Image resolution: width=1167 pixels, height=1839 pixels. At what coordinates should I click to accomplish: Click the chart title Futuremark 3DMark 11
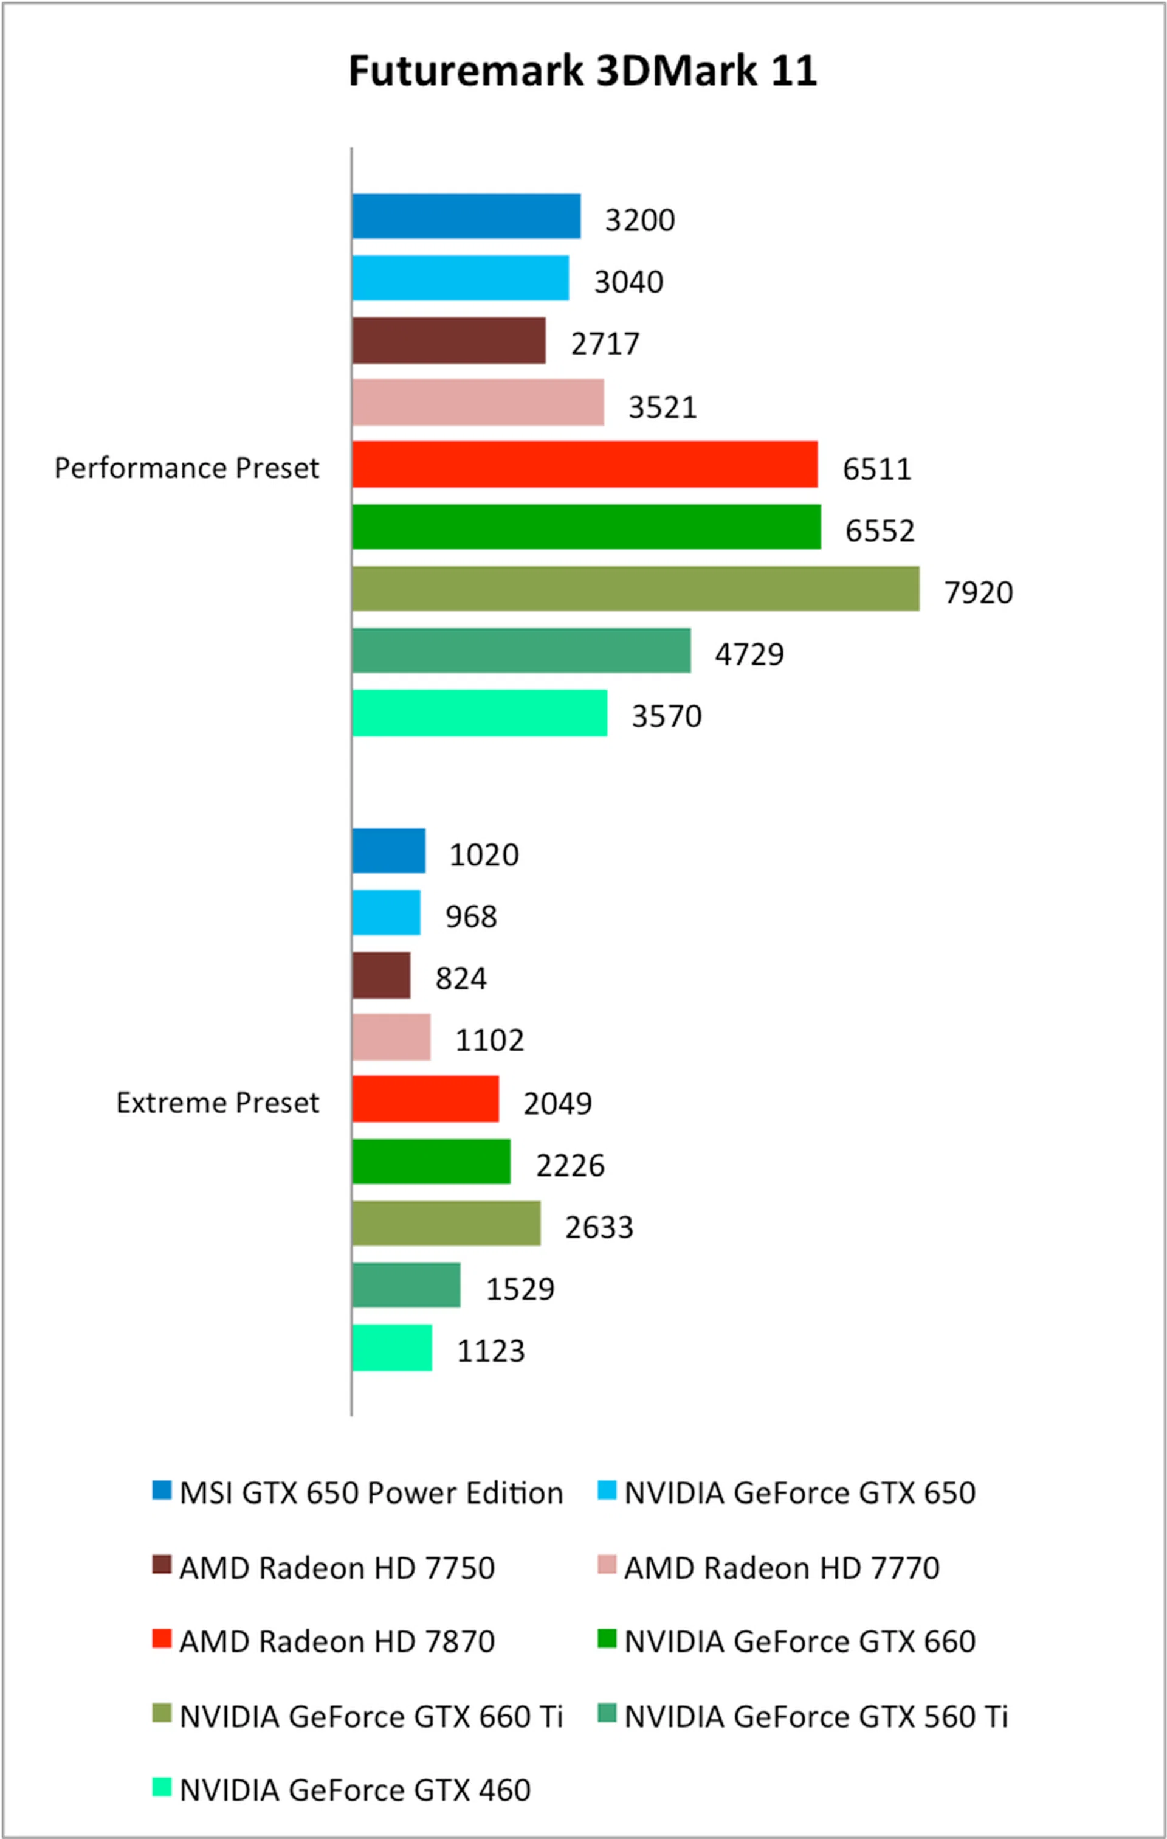(x=582, y=71)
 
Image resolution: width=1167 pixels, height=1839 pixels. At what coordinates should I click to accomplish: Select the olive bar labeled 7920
(x=636, y=589)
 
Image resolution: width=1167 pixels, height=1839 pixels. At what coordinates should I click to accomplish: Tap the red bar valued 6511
(x=585, y=465)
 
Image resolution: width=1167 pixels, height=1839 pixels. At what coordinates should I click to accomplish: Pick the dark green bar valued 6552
(x=586, y=527)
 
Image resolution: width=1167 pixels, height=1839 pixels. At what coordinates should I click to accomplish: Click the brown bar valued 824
(x=381, y=975)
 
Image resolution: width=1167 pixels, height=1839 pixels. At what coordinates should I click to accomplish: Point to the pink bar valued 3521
(x=478, y=403)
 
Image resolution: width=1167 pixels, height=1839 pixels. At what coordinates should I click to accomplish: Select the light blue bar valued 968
(x=386, y=913)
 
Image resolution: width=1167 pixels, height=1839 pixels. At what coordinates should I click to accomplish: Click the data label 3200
(x=639, y=220)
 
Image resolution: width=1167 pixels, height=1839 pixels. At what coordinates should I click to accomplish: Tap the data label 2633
(x=599, y=1227)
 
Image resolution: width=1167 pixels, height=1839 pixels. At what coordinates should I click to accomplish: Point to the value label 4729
(x=749, y=654)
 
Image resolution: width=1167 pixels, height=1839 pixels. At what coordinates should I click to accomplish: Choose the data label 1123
(x=491, y=1351)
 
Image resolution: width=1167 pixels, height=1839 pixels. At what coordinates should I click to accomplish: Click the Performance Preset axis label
(x=186, y=468)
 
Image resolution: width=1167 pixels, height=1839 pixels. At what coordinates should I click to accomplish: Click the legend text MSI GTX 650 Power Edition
(x=371, y=1493)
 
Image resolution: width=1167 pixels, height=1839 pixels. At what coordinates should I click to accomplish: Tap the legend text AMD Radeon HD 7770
(x=782, y=1568)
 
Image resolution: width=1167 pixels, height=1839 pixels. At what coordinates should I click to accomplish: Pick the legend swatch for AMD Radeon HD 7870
(x=162, y=1639)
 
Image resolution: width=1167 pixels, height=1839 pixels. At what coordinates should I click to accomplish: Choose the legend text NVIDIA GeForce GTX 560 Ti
(x=816, y=1717)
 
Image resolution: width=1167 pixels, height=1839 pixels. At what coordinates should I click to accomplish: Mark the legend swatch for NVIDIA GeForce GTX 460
(x=162, y=1788)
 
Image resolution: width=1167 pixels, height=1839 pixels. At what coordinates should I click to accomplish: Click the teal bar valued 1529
(x=406, y=1286)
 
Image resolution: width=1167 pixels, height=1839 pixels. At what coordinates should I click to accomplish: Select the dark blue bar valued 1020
(x=388, y=851)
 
